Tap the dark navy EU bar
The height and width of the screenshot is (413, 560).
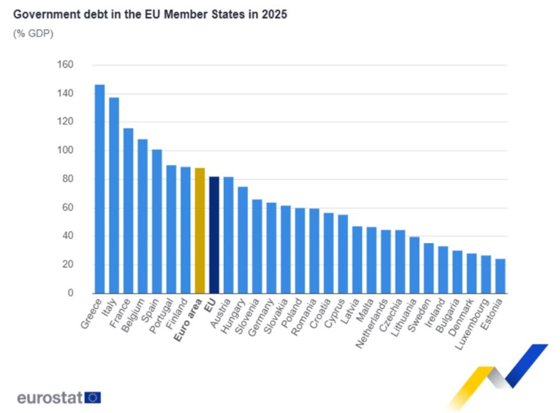pos(214,235)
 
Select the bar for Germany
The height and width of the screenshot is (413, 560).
pos(271,248)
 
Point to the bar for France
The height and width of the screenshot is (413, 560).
pos(128,211)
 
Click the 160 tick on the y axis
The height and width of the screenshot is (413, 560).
pos(66,65)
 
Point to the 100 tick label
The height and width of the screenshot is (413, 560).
pos(66,151)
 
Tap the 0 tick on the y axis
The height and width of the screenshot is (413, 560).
pos(71,293)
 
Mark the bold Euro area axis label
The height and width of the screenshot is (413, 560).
pos(189,314)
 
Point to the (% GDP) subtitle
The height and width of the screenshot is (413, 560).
pos(33,34)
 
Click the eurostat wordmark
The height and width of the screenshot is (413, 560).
pos(50,398)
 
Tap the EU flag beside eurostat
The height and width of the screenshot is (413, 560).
pos(93,398)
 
